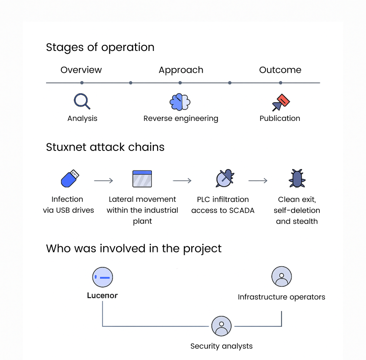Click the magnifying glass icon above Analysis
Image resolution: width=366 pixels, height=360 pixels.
click(x=82, y=101)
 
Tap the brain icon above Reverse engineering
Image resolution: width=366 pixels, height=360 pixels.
click(x=180, y=101)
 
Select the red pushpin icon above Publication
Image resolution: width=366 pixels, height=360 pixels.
click(x=280, y=102)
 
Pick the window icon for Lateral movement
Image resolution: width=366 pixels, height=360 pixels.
click(x=142, y=179)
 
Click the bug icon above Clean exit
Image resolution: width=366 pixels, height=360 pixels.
click(x=297, y=179)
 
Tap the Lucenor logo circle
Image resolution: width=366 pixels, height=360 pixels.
click(x=102, y=277)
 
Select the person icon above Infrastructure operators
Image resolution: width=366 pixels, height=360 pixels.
click(x=281, y=277)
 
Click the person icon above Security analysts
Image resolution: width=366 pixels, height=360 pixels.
click(x=221, y=326)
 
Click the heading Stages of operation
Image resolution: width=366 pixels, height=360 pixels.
click(x=100, y=48)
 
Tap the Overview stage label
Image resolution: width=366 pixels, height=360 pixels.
click(x=81, y=70)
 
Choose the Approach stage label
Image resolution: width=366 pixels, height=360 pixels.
click(x=181, y=70)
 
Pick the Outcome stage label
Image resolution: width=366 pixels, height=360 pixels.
click(x=280, y=70)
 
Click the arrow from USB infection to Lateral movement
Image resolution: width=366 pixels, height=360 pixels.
click(x=103, y=181)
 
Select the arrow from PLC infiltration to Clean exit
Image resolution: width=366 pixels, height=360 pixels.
click(x=257, y=181)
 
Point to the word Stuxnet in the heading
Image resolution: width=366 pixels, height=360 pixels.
click(x=66, y=147)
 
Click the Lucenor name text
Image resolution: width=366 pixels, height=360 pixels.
click(x=102, y=296)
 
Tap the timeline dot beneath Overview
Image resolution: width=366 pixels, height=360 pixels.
click(x=82, y=83)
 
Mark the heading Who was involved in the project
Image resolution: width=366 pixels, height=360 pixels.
click(x=134, y=249)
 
